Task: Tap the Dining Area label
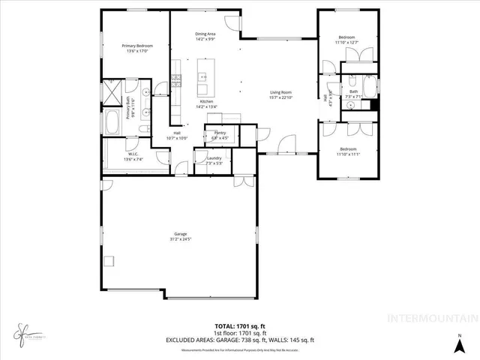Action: pos(205,34)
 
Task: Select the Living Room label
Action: pos(280,92)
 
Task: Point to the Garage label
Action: pos(178,234)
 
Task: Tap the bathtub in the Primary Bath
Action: pos(113,123)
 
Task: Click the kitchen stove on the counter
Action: pos(177,77)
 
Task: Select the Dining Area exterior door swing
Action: pos(235,25)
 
